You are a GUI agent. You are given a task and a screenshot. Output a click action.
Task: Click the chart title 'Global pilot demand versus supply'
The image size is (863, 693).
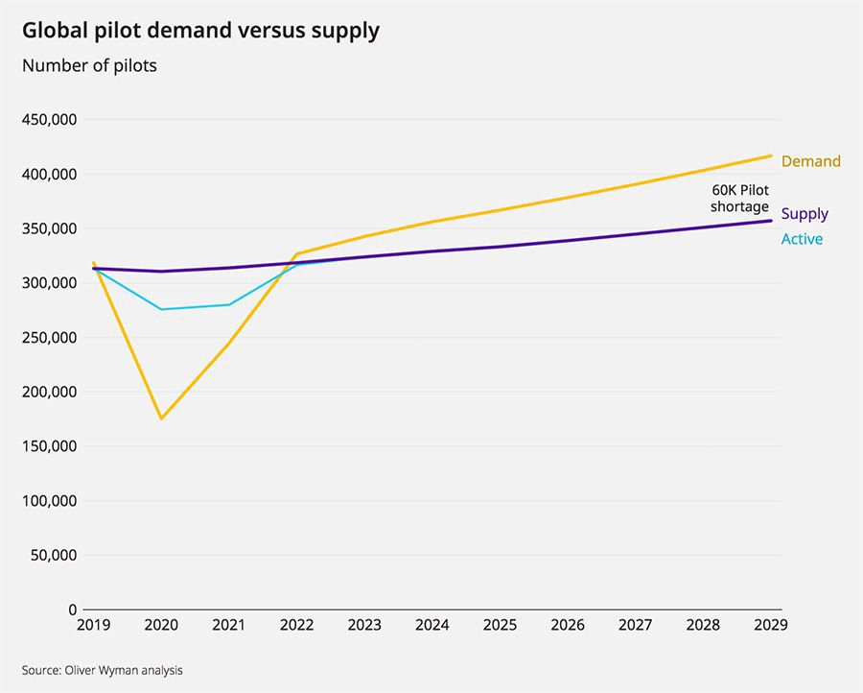[200, 31]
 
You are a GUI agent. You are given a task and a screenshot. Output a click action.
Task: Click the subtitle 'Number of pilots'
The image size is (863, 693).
[89, 66]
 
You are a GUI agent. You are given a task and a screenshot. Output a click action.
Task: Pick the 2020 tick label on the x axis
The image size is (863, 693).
[161, 626]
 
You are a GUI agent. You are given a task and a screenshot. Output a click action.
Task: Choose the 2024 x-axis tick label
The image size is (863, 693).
[432, 626]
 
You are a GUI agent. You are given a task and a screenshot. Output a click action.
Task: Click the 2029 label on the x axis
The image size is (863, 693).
[771, 626]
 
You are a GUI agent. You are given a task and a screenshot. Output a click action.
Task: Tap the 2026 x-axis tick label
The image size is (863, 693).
[568, 626]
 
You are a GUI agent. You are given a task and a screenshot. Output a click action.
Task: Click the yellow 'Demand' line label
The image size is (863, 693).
[810, 161]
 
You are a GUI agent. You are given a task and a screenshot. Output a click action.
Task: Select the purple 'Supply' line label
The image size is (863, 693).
[805, 214]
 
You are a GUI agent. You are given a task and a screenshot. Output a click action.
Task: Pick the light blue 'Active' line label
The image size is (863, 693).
[802, 239]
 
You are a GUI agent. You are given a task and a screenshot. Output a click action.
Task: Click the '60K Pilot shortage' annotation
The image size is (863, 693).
[739, 199]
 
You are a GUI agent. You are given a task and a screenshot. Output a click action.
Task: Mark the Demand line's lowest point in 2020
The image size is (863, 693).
[161, 418]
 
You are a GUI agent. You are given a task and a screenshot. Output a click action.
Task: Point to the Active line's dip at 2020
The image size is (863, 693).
[161, 309]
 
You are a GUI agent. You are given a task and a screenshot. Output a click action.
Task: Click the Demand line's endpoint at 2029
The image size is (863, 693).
[771, 155]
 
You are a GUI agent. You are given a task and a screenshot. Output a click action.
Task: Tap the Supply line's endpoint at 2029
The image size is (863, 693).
[771, 221]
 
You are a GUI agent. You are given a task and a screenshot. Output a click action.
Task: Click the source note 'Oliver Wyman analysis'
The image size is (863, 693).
[102, 670]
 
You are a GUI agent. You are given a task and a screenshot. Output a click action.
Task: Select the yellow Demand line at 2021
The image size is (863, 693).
[229, 343]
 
